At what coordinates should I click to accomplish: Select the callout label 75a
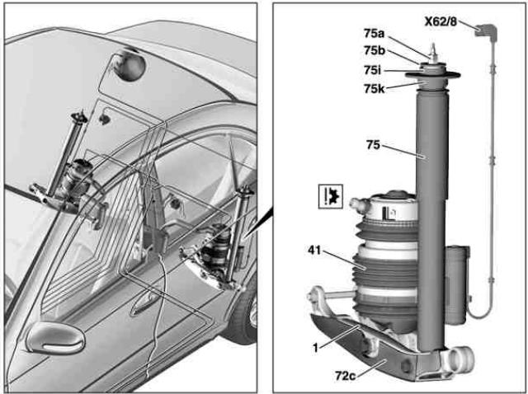374,34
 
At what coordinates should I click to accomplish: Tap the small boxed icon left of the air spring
330,195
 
